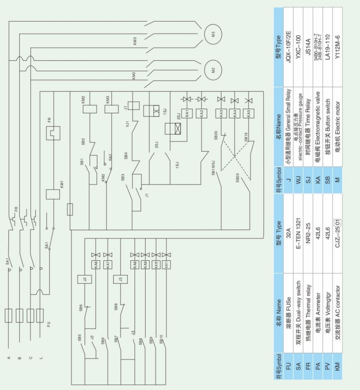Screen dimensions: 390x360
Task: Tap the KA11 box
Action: click(x=166, y=264)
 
